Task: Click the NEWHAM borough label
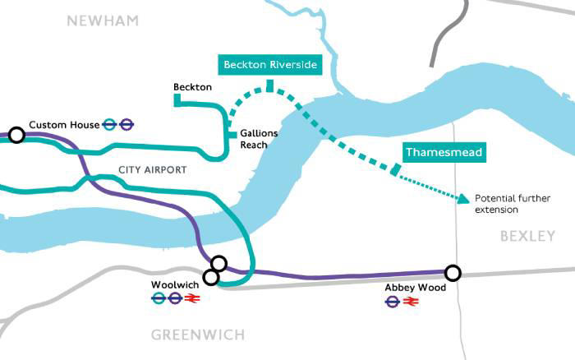click(103, 20)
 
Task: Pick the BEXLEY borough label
click(527, 237)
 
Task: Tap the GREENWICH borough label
click(198, 335)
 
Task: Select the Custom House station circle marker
click(16, 134)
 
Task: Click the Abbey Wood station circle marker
click(452, 272)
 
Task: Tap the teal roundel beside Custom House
click(109, 125)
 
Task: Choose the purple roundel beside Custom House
click(126, 125)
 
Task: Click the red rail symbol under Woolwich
click(195, 299)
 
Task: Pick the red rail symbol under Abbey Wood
click(412, 302)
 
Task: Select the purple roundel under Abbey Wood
click(393, 302)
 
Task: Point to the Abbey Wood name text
click(415, 288)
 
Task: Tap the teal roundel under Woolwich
click(159, 299)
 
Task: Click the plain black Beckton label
click(193, 87)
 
